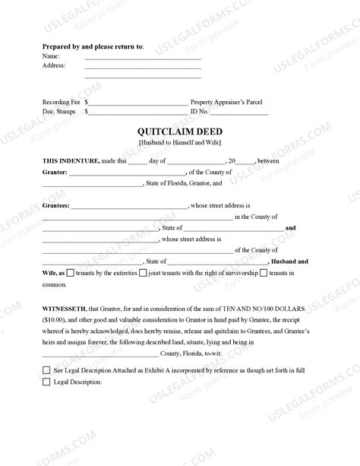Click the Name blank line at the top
point(142,57)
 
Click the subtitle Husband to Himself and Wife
point(180,144)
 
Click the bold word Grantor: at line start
point(55,173)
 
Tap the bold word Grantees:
point(57,205)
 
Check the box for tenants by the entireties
point(71,272)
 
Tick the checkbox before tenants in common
point(263,272)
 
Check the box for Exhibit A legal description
point(46,369)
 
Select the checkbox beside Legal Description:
point(46,381)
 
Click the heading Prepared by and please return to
point(93,46)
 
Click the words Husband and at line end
point(295,260)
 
